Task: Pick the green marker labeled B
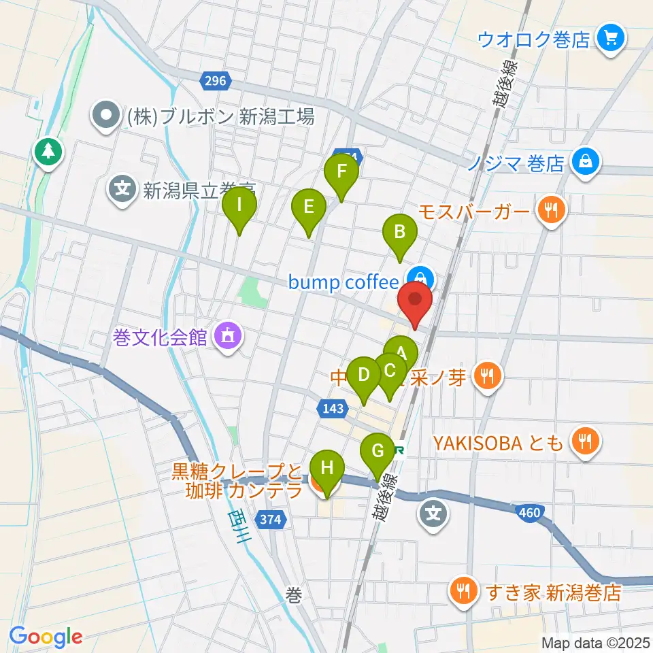tap(401, 233)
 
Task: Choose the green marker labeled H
tap(327, 469)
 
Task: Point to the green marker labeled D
tap(364, 375)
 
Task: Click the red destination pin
tap(414, 300)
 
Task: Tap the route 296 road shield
tap(216, 82)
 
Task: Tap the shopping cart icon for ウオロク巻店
tap(609, 39)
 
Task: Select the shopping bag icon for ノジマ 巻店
tap(584, 163)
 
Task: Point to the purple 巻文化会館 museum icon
tap(225, 336)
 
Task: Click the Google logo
tap(46, 637)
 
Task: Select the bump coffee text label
tap(343, 282)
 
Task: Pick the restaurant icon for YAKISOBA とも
tap(584, 443)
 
